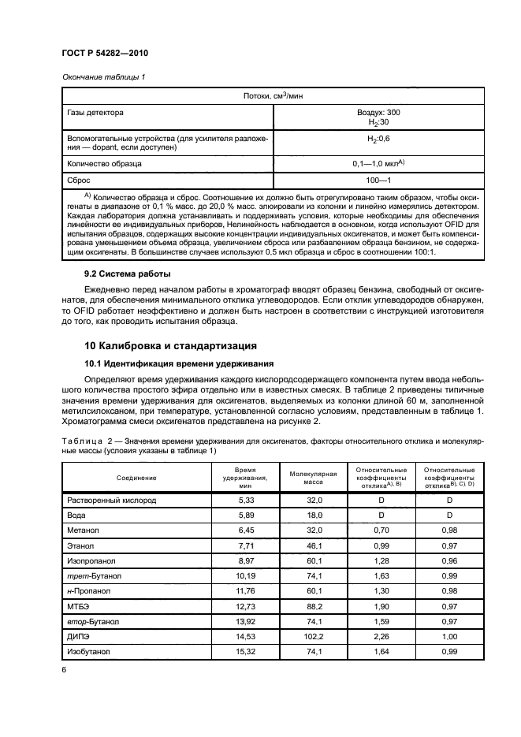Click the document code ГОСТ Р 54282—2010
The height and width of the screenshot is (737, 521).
(x=104, y=53)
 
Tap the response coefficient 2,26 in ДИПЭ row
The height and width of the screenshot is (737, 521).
(x=381, y=636)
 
